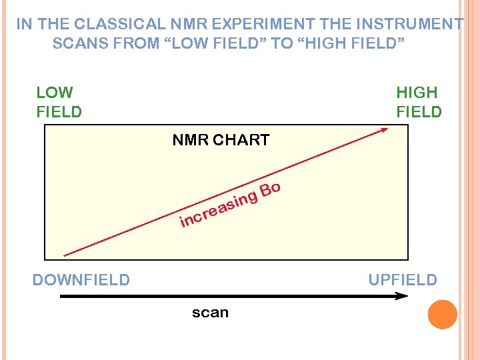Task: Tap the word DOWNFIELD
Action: pyautogui.click(x=81, y=279)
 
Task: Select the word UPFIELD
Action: pyautogui.click(x=403, y=279)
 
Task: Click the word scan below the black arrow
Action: pyautogui.click(x=210, y=312)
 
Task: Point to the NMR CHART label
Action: pyautogui.click(x=221, y=140)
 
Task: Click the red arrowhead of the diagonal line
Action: pyautogui.click(x=385, y=131)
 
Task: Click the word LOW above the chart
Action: pyautogui.click(x=55, y=92)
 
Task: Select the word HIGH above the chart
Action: pyautogui.click(x=417, y=92)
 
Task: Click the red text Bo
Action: pyautogui.click(x=270, y=190)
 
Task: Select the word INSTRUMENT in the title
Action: pyautogui.click(x=409, y=25)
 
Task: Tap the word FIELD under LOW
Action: pyautogui.click(x=59, y=111)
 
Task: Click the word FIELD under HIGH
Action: pyautogui.click(x=419, y=111)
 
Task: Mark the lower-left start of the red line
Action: pyautogui.click(x=64, y=255)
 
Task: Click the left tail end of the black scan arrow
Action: pyautogui.click(x=62, y=296)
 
